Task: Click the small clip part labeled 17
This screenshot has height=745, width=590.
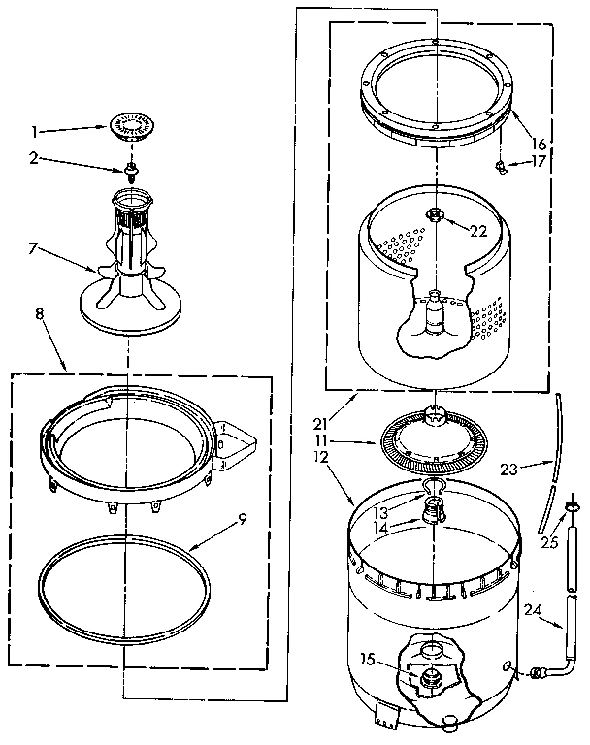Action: click(x=500, y=169)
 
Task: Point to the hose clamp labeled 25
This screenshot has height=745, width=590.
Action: click(x=571, y=505)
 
